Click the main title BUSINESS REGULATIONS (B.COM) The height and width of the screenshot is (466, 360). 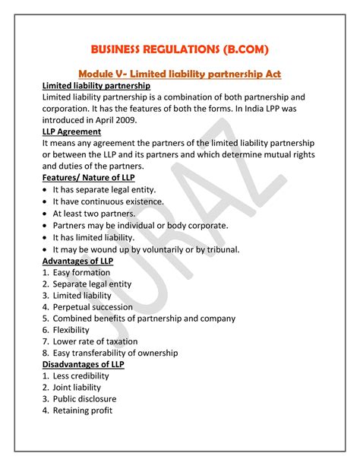(x=180, y=50)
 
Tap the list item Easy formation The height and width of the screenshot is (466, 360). (x=83, y=273)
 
